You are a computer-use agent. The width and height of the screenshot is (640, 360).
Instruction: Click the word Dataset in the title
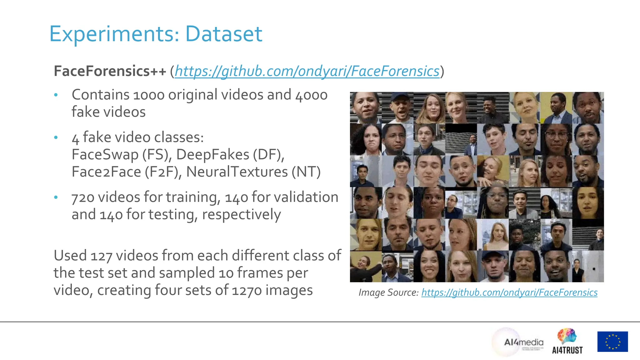[223, 34]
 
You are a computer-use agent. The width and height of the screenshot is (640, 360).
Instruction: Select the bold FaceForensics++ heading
[110, 71]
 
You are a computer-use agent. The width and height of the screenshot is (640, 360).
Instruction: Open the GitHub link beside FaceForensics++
[307, 71]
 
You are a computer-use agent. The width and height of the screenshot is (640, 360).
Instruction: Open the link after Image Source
[509, 292]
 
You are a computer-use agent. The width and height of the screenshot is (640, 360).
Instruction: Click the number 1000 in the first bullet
[149, 95]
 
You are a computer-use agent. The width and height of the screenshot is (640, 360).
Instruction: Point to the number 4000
[311, 95]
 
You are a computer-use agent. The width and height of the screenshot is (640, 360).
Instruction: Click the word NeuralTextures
[237, 172]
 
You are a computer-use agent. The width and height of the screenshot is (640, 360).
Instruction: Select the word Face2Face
[106, 172]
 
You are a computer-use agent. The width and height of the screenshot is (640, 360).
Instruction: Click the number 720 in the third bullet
[83, 197]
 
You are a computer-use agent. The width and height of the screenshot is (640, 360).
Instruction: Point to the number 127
[101, 256]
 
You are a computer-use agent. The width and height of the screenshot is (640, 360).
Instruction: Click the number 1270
[247, 290]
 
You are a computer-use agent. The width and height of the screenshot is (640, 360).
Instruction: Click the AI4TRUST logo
[567, 342]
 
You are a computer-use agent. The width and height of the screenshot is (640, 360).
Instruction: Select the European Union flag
[612, 342]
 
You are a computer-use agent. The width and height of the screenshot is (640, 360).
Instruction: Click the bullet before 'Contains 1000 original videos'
[56, 95]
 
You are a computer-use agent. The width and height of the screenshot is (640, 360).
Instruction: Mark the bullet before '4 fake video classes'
[56, 137]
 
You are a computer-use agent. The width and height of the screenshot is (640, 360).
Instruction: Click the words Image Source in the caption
[388, 292]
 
